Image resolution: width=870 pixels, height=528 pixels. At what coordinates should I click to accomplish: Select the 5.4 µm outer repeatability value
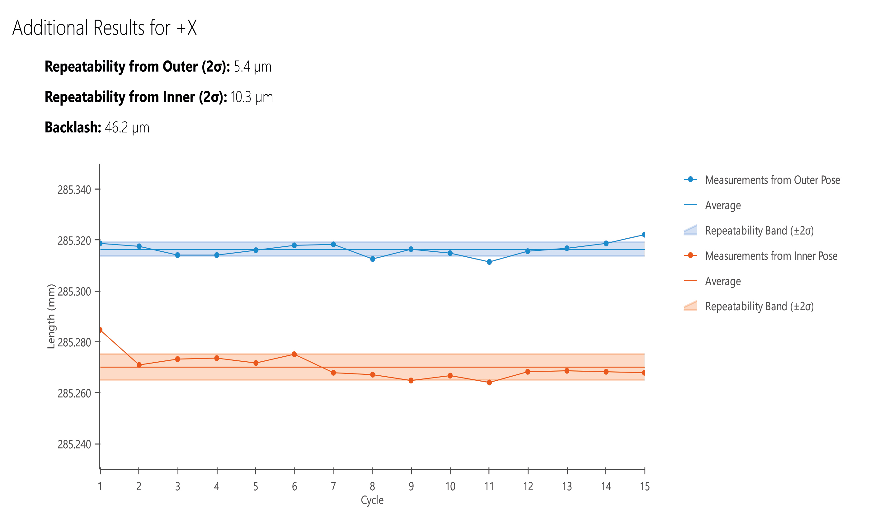coord(252,67)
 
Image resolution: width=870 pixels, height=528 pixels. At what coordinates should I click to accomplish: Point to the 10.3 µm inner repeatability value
coord(252,97)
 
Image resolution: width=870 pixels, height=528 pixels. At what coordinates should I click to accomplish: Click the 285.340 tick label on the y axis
coord(74,190)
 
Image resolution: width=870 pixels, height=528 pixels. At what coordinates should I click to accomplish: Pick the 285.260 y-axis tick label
coord(74,393)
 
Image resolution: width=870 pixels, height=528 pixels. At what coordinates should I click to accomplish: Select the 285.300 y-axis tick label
coord(74,292)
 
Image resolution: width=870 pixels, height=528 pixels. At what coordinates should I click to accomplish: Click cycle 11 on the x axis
coord(489,487)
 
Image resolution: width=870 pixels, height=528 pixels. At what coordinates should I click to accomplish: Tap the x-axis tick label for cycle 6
coord(294,487)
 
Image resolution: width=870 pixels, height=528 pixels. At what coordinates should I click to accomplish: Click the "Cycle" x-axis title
coord(372,500)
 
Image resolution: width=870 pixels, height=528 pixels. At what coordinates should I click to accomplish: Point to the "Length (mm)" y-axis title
coord(51,316)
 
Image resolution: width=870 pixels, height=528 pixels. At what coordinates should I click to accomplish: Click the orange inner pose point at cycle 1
coord(100,330)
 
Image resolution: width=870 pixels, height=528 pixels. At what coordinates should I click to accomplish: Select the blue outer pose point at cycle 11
coord(489,262)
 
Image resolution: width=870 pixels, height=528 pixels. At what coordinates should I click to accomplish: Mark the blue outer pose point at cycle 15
coord(644,235)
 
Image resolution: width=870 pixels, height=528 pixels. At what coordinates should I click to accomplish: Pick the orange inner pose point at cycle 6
coord(294,354)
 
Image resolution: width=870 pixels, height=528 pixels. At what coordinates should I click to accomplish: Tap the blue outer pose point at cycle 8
coord(373,259)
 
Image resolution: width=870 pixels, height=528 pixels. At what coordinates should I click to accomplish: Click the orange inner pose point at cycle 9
coord(411,381)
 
